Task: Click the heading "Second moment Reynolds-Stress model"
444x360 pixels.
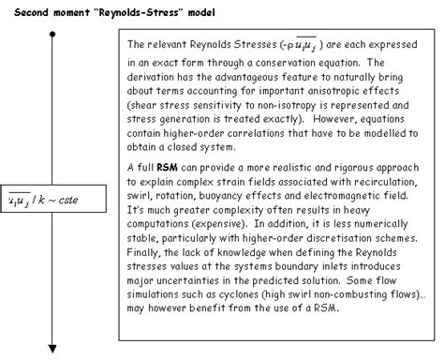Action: click(112, 11)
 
